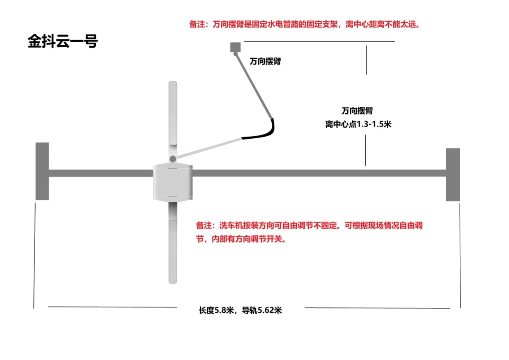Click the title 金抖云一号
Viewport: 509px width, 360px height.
point(62,41)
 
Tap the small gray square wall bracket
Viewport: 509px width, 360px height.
point(235,47)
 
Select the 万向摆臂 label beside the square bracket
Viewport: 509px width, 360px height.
point(265,62)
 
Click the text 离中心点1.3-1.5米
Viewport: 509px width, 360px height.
point(358,124)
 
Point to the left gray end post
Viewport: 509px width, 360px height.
point(42,171)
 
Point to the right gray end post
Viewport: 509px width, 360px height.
point(453,174)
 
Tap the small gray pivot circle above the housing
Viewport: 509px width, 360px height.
point(173,158)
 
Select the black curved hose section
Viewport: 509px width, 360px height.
point(263,132)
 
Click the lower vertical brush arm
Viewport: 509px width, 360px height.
point(173,250)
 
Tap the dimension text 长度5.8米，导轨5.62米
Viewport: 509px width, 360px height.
point(240,310)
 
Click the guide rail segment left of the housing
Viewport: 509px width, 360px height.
point(101,173)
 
